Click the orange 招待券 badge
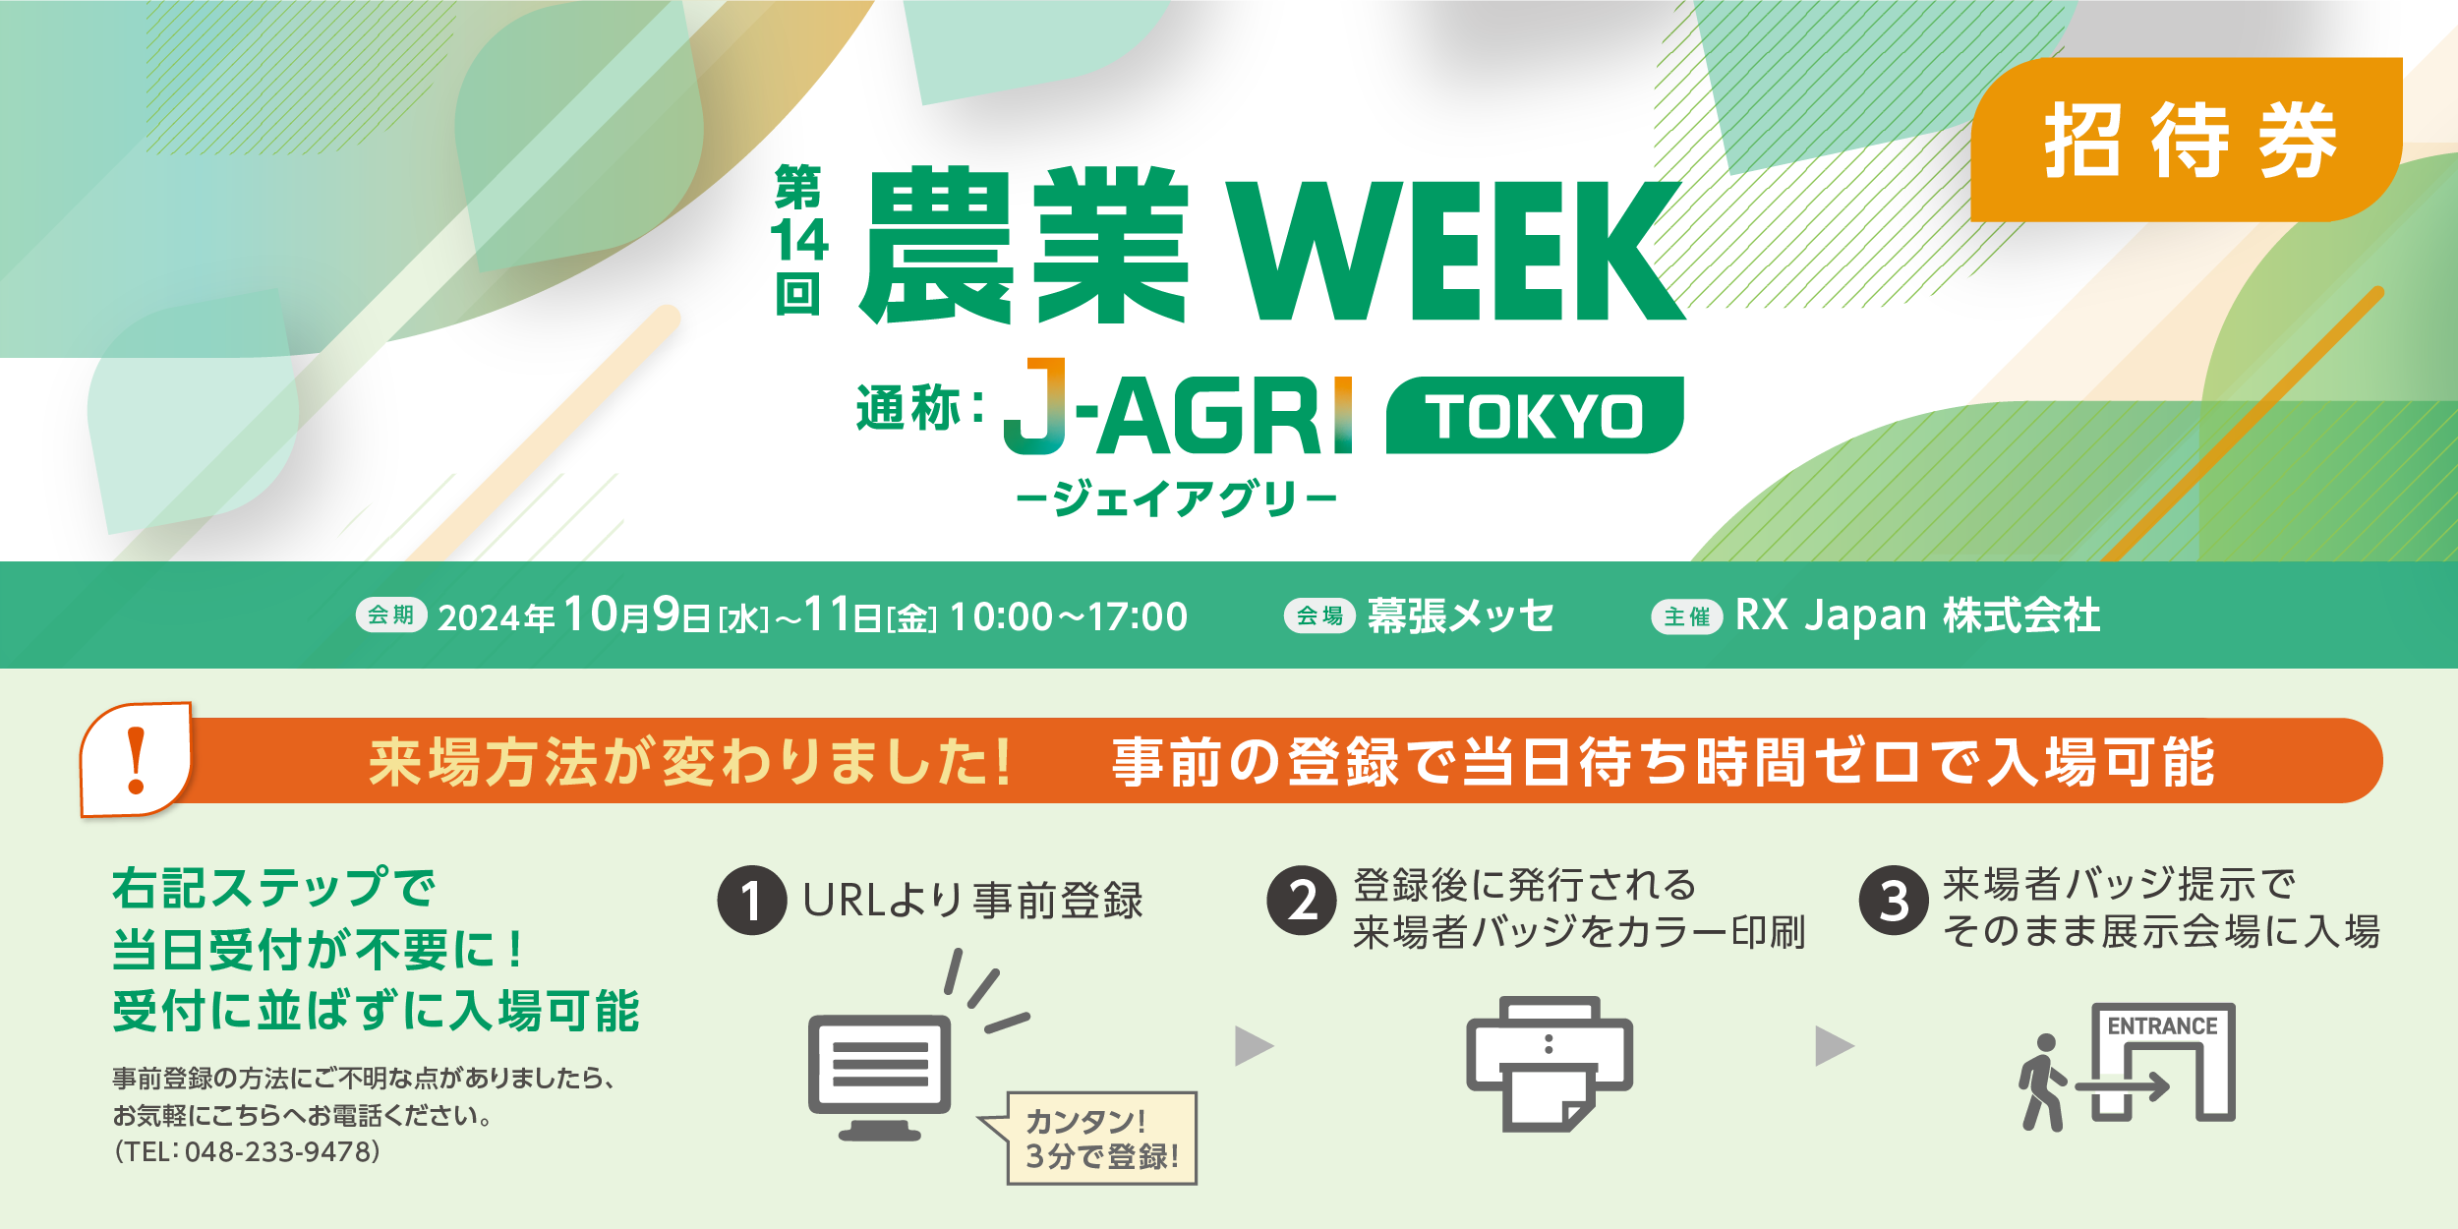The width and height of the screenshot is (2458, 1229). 2187,140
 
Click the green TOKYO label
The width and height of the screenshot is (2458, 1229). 1535,415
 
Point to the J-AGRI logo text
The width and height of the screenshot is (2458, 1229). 1178,407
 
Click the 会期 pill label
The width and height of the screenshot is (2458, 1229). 391,615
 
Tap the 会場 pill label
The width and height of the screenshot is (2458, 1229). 1319,616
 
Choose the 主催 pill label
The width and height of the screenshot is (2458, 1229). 1687,617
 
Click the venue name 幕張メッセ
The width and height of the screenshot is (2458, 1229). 1460,616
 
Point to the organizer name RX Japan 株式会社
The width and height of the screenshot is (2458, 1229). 1917,615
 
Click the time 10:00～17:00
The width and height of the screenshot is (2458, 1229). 1069,617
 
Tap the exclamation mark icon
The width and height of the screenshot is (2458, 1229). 137,760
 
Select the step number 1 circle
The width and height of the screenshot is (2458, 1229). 752,901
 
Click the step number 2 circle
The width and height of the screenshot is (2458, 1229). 1302,900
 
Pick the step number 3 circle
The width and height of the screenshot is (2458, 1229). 1894,900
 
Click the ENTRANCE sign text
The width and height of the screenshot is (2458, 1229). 2162,1026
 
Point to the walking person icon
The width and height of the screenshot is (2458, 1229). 2043,1082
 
